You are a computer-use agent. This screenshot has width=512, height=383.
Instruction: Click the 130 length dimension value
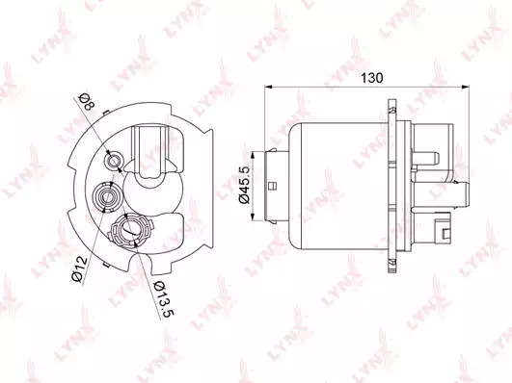[x=371, y=78]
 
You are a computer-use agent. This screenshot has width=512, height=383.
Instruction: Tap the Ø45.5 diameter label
[x=245, y=185]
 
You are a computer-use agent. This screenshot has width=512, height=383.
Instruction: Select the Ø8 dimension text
[x=87, y=102]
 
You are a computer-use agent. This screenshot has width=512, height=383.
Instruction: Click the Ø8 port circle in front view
[x=114, y=161]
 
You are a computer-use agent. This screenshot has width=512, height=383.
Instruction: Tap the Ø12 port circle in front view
[x=107, y=196]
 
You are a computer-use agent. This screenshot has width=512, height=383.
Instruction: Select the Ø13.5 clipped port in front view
[x=130, y=229]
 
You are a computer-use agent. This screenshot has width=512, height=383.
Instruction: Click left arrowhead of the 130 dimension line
[x=268, y=87]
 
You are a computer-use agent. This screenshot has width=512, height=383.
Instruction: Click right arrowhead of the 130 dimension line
[x=466, y=87]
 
